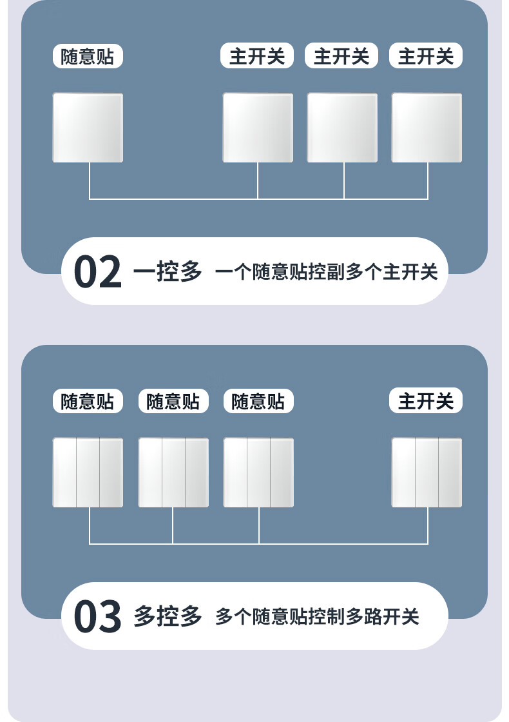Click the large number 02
[x=97, y=272]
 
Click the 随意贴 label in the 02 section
[x=88, y=57]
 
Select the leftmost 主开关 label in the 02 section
[x=257, y=57]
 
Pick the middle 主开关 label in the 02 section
[x=341, y=57]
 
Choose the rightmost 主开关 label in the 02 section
[x=426, y=57]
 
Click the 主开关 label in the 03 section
[x=426, y=402]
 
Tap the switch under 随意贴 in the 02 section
[x=88, y=128]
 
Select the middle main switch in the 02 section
[x=342, y=128]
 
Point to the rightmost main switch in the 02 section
[x=427, y=128]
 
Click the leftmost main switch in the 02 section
[x=258, y=128]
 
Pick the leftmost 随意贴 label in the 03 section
[x=88, y=402]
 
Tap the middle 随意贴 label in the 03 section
[x=173, y=402]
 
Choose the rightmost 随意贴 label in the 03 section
[x=258, y=402]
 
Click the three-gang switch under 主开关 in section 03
[x=427, y=473]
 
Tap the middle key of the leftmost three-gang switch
[x=88, y=473]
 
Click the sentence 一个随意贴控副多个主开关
[x=326, y=272]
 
